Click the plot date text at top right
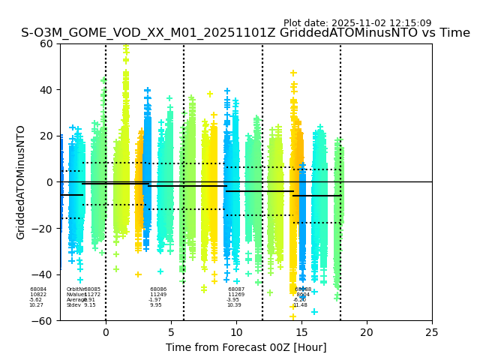(357, 23)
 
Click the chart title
(245, 33)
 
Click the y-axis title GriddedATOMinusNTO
(21, 182)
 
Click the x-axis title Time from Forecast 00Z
(246, 347)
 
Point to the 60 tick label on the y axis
(46, 43)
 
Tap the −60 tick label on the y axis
(43, 320)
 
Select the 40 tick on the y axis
(46, 90)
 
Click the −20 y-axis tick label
(43, 228)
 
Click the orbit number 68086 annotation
(158, 289)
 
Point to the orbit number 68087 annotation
(236, 289)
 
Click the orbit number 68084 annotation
(38, 289)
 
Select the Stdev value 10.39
(234, 305)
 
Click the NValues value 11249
(158, 295)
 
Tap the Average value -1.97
(155, 300)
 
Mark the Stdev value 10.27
(36, 305)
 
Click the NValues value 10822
(38, 295)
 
